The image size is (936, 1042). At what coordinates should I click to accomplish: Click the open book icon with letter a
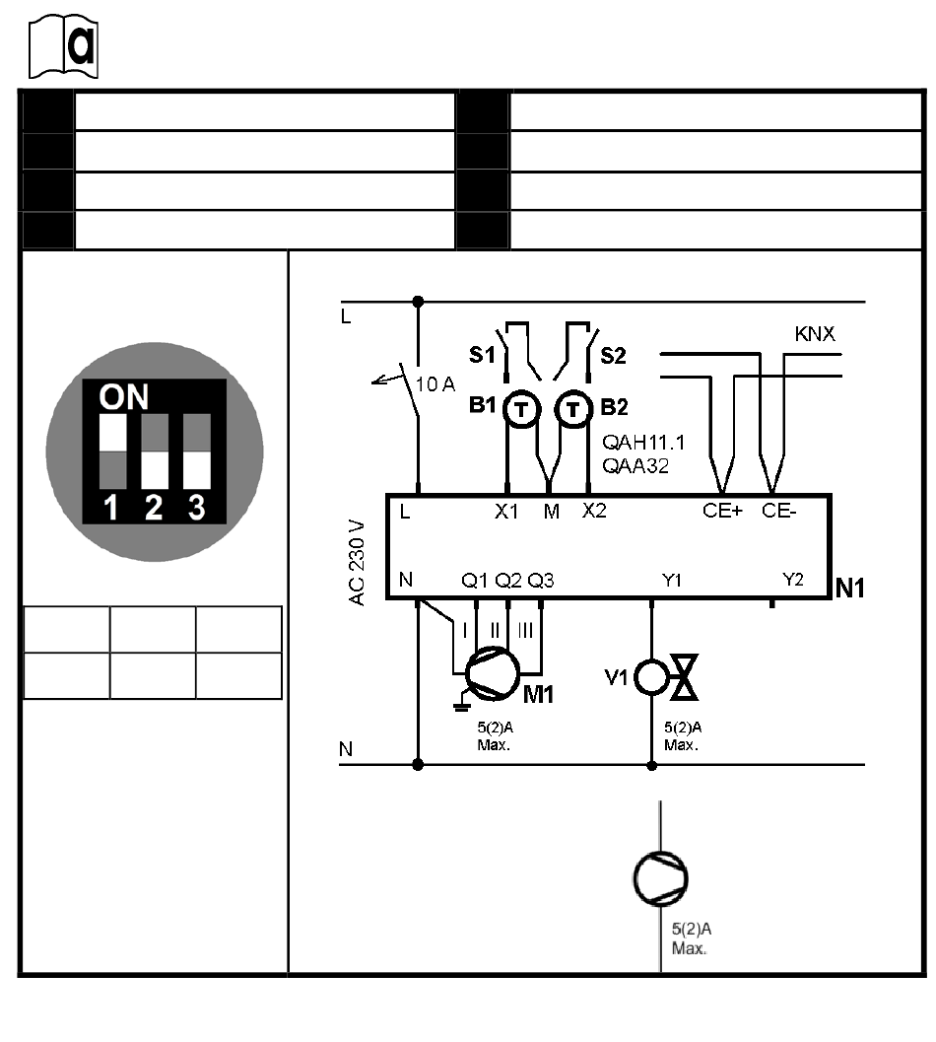pos(63,46)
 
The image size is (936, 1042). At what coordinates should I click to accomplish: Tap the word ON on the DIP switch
pos(123,396)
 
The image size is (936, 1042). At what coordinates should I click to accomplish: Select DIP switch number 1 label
pos(111,508)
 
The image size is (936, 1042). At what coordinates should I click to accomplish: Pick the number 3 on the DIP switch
pos(197,508)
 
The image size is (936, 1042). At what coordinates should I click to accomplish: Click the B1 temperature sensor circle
pos(521,409)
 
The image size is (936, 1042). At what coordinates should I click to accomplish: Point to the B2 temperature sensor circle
pos(572,409)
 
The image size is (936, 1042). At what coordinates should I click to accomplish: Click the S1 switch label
pos(482,355)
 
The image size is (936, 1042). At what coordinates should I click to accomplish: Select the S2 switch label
pos(613,356)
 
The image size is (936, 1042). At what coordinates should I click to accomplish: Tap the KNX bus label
pos(815,333)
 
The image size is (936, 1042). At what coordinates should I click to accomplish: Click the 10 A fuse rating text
pos(435,384)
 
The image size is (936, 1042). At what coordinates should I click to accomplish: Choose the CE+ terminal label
pos(722,511)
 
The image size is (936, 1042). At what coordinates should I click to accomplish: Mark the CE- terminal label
pos(778,511)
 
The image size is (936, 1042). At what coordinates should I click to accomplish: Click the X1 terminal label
pos(506,511)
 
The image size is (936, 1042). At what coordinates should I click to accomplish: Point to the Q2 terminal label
pos(508,581)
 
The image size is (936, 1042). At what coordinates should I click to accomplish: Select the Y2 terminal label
pos(792,580)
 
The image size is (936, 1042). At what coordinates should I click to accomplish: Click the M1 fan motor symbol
pos(493,674)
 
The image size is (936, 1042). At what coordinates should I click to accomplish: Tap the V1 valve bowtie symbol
pos(684,677)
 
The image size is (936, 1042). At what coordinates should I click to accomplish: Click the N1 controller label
pos(849,589)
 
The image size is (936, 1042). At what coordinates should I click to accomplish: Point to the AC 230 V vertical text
pos(358,563)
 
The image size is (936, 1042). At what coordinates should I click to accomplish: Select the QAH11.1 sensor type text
pos(643,443)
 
